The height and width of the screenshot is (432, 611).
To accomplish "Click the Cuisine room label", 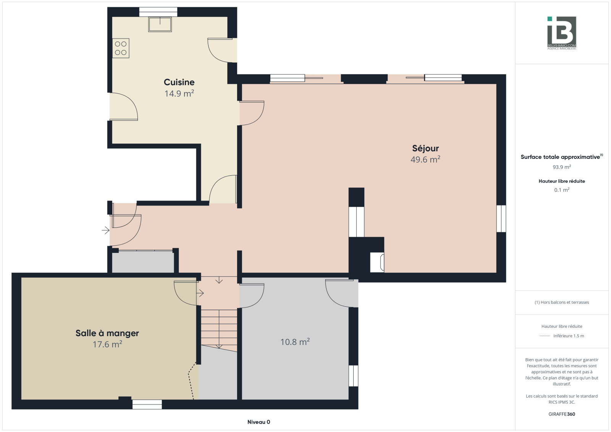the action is (179, 82).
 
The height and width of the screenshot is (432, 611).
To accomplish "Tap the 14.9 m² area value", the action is (179, 93).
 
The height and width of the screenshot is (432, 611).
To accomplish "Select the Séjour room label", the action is (425, 148).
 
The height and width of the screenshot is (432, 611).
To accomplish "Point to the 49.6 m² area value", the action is (425, 159).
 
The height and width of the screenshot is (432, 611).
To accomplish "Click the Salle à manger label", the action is (107, 333).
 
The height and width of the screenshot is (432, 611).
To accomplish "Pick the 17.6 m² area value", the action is (107, 344).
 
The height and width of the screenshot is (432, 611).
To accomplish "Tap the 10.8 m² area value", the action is (295, 342).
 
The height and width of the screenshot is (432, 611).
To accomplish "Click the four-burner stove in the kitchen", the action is (121, 48).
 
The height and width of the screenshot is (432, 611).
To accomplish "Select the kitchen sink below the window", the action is (160, 24).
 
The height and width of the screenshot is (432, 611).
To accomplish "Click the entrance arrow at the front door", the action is (105, 230).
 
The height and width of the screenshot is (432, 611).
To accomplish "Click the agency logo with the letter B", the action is (562, 33).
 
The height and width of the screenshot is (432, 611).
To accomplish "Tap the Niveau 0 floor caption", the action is (259, 422).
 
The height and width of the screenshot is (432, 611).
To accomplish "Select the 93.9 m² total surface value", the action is (562, 167).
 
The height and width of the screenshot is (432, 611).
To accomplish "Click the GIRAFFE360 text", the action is (562, 414).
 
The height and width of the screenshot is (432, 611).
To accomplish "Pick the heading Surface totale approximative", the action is (560, 157).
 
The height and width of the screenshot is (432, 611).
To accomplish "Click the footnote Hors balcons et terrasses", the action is (562, 302).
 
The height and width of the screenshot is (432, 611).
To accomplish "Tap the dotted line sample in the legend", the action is (545, 336).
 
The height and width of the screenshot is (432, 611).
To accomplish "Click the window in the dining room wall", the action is (147, 404).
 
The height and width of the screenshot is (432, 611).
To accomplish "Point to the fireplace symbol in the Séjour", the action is (377, 262).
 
